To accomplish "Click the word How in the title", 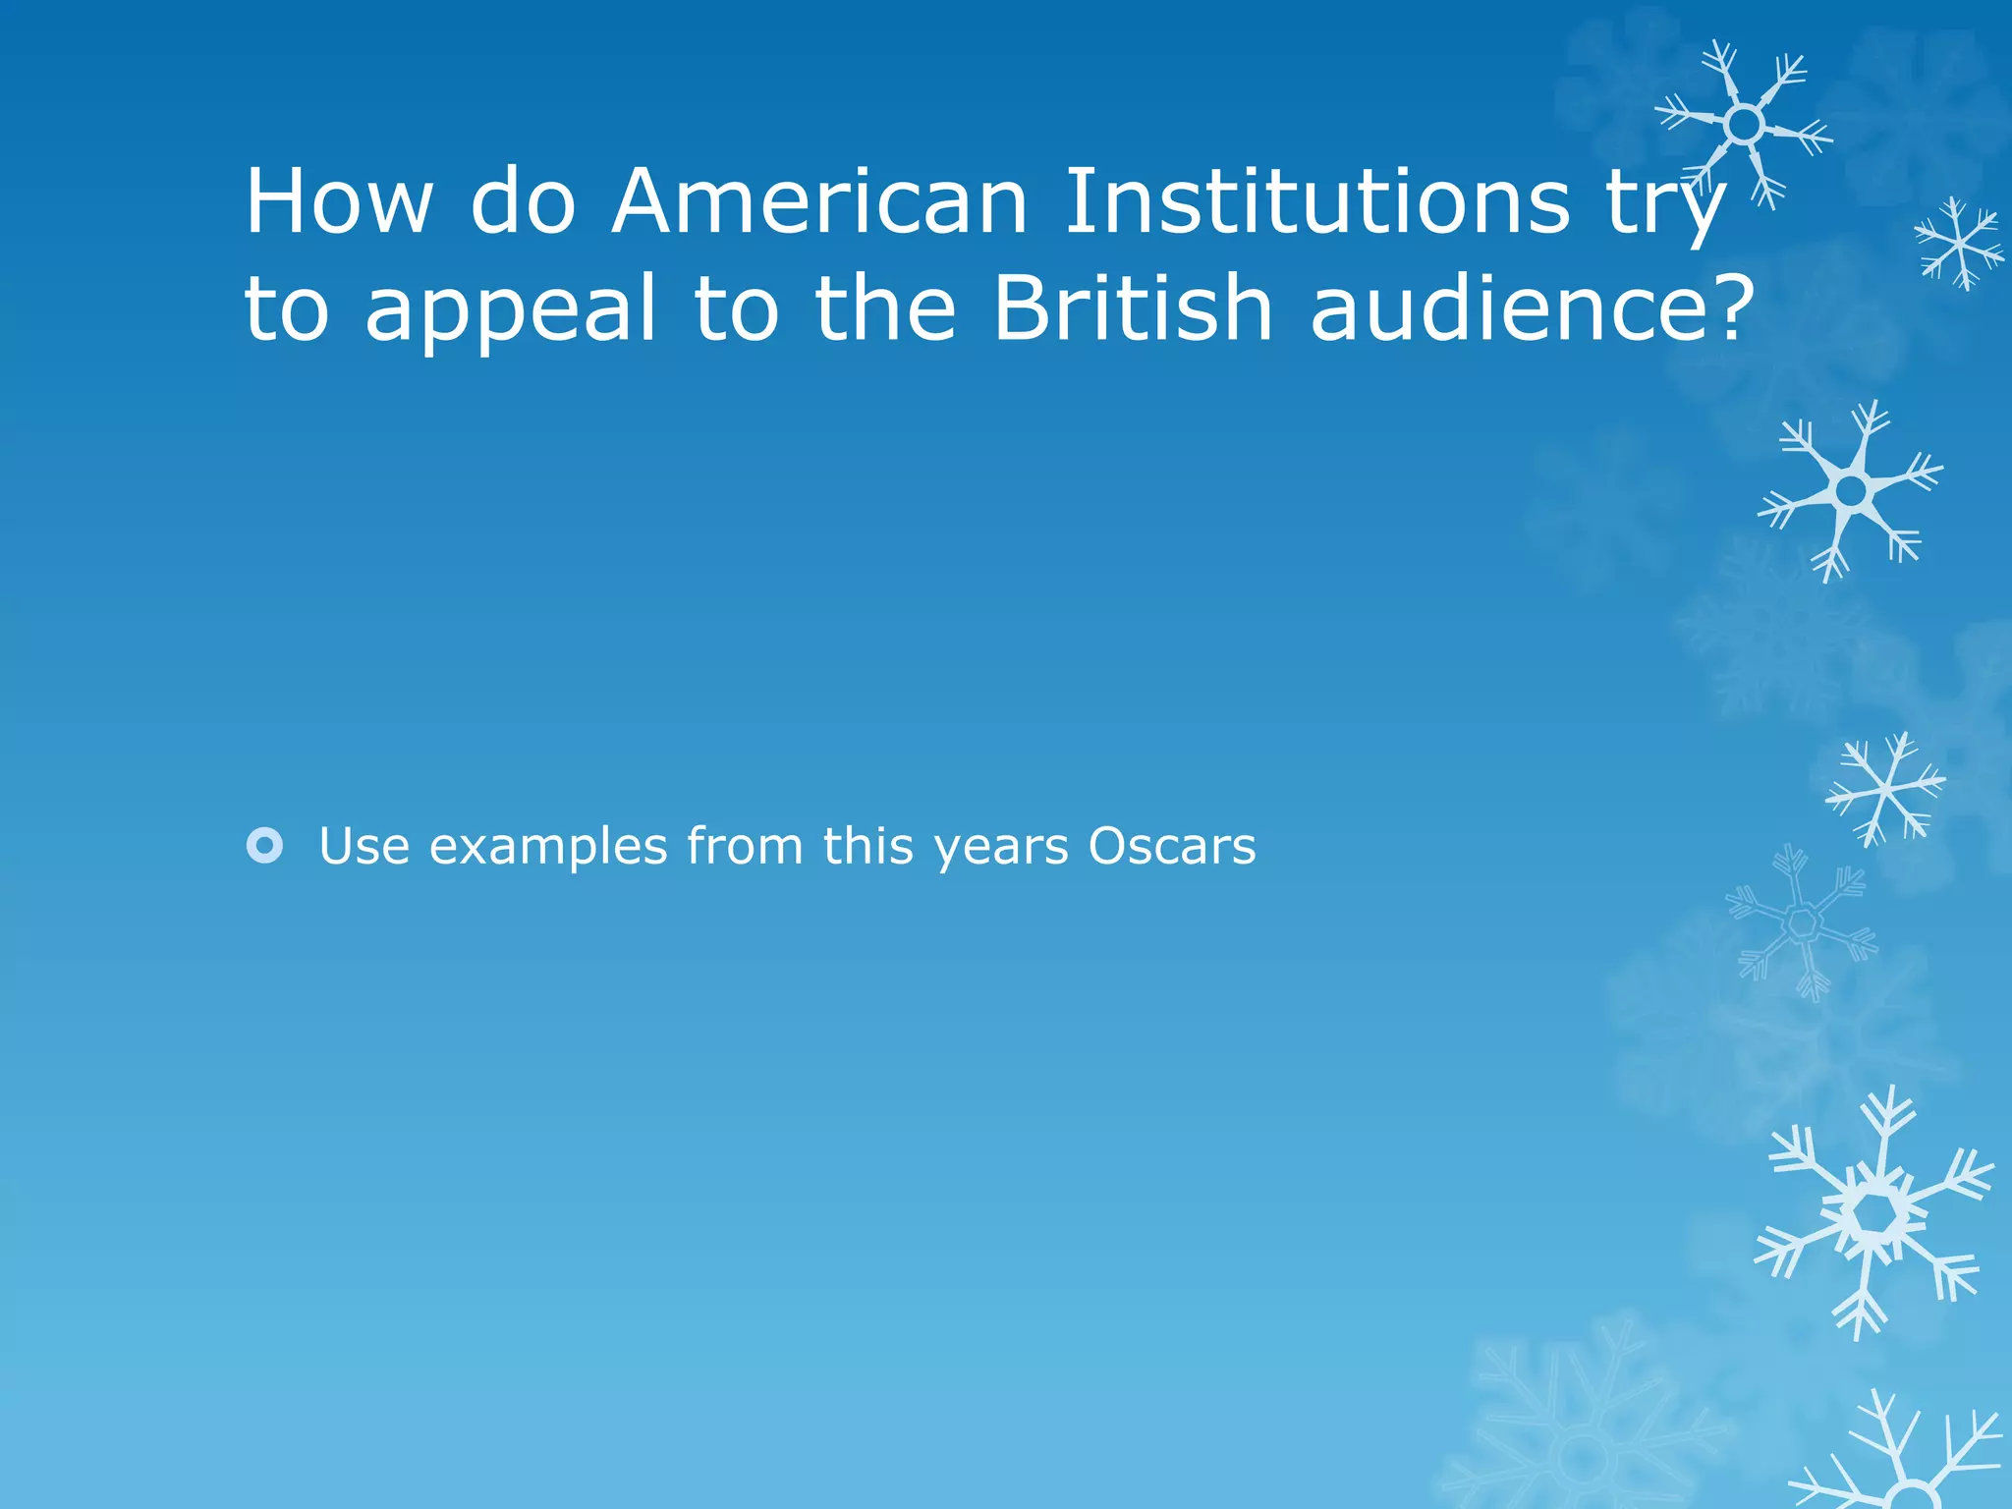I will (x=338, y=201).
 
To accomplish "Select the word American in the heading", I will (x=819, y=201).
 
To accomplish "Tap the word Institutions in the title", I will (x=1316, y=201).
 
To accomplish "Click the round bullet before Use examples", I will (x=265, y=846).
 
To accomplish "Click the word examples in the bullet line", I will (x=548, y=846).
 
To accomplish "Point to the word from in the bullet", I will (x=745, y=846).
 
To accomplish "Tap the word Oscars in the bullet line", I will (x=1171, y=846).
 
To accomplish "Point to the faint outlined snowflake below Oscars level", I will (x=1801, y=923).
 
